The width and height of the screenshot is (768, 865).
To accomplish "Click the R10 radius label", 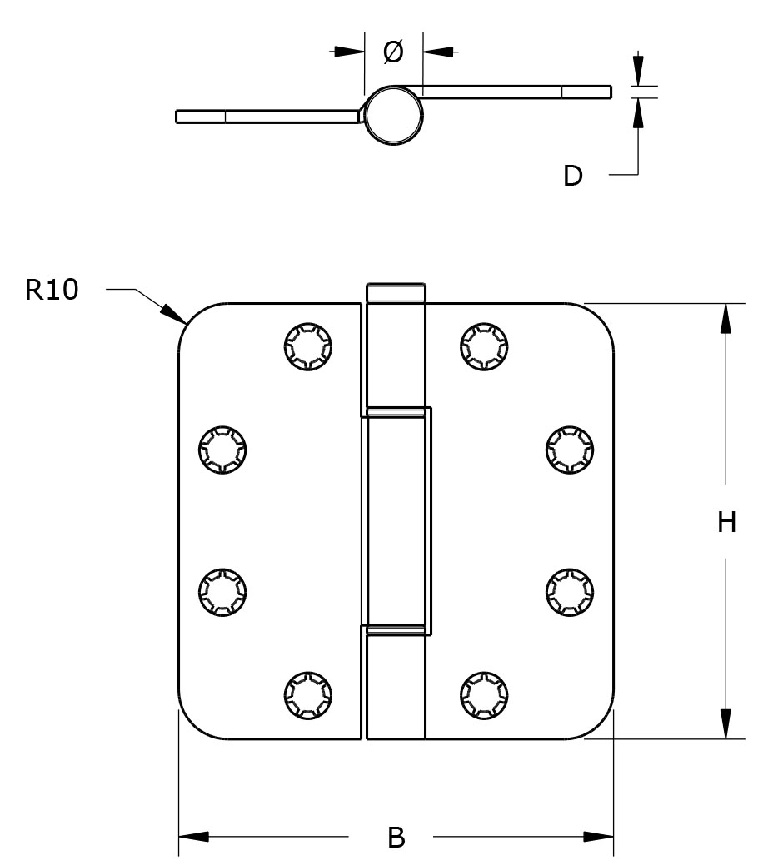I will [52, 290].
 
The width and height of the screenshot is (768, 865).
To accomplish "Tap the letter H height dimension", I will [726, 522].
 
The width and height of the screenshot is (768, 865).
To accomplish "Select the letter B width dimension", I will [396, 837].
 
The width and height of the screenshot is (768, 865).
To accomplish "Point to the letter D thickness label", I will [573, 176].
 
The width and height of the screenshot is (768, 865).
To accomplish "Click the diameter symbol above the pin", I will [393, 52].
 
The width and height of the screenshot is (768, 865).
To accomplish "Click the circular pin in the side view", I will [394, 115].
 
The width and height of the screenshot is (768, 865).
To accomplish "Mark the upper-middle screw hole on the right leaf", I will [570, 450].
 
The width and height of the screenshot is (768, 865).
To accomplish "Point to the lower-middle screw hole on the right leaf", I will [570, 591].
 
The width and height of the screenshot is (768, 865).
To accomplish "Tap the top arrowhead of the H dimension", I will [726, 317].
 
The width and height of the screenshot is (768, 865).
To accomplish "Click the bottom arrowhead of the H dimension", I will [726, 723].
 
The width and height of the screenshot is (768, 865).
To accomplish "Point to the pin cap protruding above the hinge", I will [396, 293].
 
